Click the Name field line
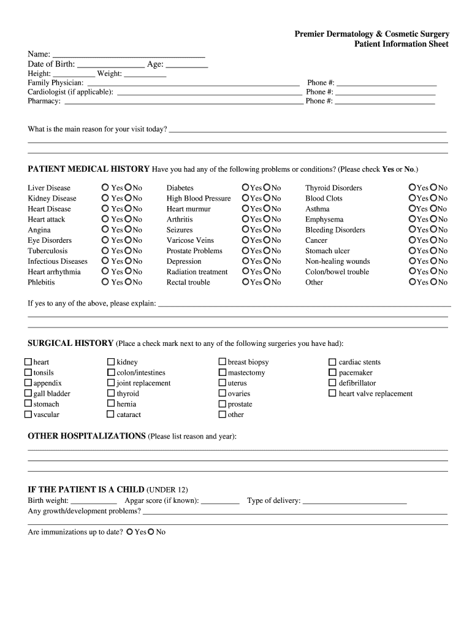[128, 54]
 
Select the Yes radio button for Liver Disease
[105, 188]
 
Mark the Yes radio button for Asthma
[412, 209]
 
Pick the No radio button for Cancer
[433, 240]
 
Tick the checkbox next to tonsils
[28, 372]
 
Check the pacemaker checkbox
[332, 372]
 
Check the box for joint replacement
[111, 383]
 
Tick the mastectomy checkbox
[223, 372]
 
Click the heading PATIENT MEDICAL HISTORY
[88, 169]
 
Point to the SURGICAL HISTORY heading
[70, 343]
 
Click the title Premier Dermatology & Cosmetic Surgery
[371, 34]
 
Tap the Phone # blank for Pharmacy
[385, 102]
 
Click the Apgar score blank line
[220, 502]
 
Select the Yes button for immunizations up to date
[129, 532]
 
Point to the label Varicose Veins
[190, 240]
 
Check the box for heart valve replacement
[332, 393]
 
